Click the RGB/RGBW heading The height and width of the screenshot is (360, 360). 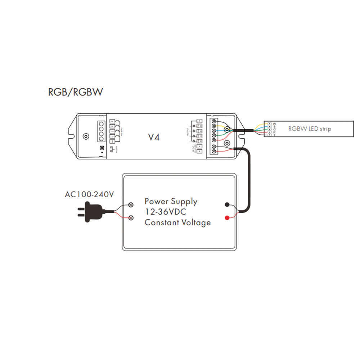click(x=76, y=92)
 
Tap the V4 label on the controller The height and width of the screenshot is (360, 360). click(x=154, y=137)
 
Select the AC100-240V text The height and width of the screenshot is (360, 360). click(x=89, y=195)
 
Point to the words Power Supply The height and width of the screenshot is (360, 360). click(x=171, y=201)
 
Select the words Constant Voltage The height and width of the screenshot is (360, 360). click(x=177, y=222)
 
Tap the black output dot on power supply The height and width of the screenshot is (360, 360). click(x=227, y=205)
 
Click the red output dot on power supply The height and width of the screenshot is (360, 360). click(x=227, y=218)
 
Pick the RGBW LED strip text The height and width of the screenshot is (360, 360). click(x=310, y=129)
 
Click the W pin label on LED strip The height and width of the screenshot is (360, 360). click(x=274, y=123)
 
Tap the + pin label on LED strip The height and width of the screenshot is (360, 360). click(x=274, y=135)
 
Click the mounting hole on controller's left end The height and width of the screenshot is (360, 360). click(x=86, y=136)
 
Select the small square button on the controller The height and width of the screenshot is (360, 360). click(x=102, y=148)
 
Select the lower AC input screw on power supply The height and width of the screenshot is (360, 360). click(x=131, y=218)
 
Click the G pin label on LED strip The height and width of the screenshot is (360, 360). click(x=274, y=129)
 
